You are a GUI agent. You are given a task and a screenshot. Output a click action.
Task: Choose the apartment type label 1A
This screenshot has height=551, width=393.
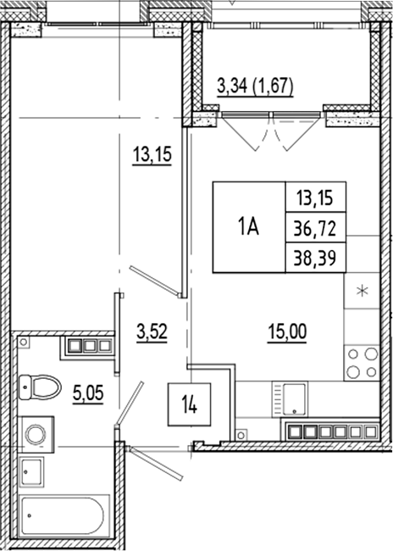pos(248,226)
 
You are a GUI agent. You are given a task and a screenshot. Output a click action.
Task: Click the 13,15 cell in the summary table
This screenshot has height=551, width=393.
pos(315,199)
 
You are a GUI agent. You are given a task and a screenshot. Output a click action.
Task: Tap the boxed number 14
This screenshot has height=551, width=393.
pos(189,402)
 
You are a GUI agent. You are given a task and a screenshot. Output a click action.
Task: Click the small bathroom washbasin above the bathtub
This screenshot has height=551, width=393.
pos(32,471)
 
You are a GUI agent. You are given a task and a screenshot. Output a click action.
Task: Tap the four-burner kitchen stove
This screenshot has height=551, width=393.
pos(363,363)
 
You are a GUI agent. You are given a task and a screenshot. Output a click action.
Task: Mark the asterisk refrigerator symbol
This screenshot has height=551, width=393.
pos(363,293)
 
